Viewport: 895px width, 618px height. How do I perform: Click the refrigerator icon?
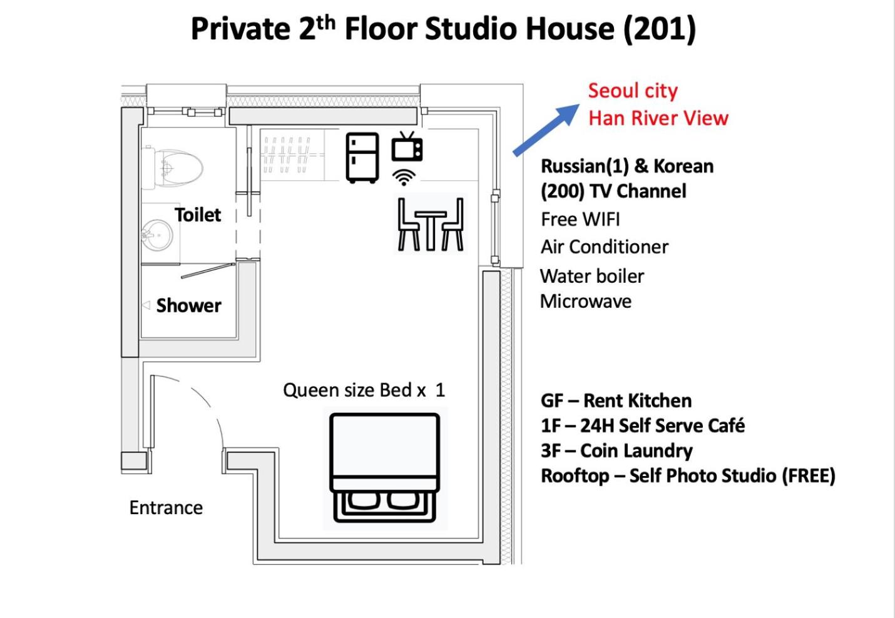[x=362, y=158]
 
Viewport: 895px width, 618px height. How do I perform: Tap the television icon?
[x=407, y=146]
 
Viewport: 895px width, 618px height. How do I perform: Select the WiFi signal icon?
[x=404, y=177]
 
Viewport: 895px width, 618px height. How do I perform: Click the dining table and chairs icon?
[x=431, y=224]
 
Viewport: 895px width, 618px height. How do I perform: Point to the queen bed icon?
[x=385, y=467]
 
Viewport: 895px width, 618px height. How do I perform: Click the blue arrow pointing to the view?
[x=546, y=129]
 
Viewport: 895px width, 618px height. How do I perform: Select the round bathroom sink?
[x=157, y=235]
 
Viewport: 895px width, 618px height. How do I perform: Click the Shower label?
[x=188, y=306]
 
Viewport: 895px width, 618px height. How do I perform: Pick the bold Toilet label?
[x=198, y=215]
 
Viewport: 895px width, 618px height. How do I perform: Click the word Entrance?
[x=166, y=508]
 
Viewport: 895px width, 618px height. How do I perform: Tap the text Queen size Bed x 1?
[x=364, y=390]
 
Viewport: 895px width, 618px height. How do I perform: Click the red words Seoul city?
[x=633, y=91]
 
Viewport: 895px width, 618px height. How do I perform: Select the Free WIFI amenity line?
[x=580, y=219]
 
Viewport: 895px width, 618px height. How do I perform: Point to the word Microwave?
[x=586, y=301]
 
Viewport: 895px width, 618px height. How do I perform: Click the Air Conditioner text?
[x=605, y=246]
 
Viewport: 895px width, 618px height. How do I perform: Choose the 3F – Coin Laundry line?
[x=616, y=451]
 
